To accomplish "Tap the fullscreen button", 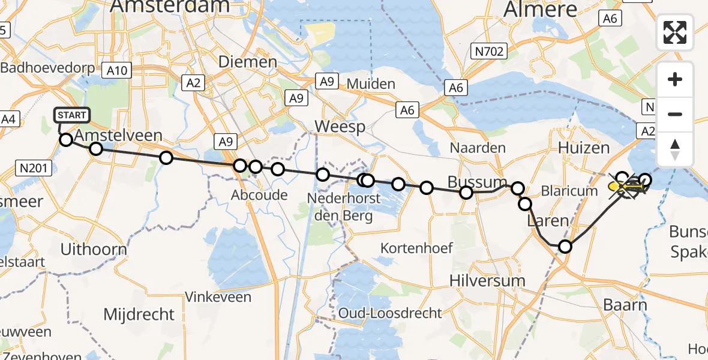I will [675, 32].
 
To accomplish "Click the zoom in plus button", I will [675, 79].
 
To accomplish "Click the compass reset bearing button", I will [675, 149].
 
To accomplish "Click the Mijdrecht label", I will [139, 314].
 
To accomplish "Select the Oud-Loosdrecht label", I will [390, 313].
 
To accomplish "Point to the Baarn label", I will [626, 305].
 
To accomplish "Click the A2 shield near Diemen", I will [193, 83].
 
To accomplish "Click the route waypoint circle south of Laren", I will [565, 246].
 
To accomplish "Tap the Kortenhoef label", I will [416, 248].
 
